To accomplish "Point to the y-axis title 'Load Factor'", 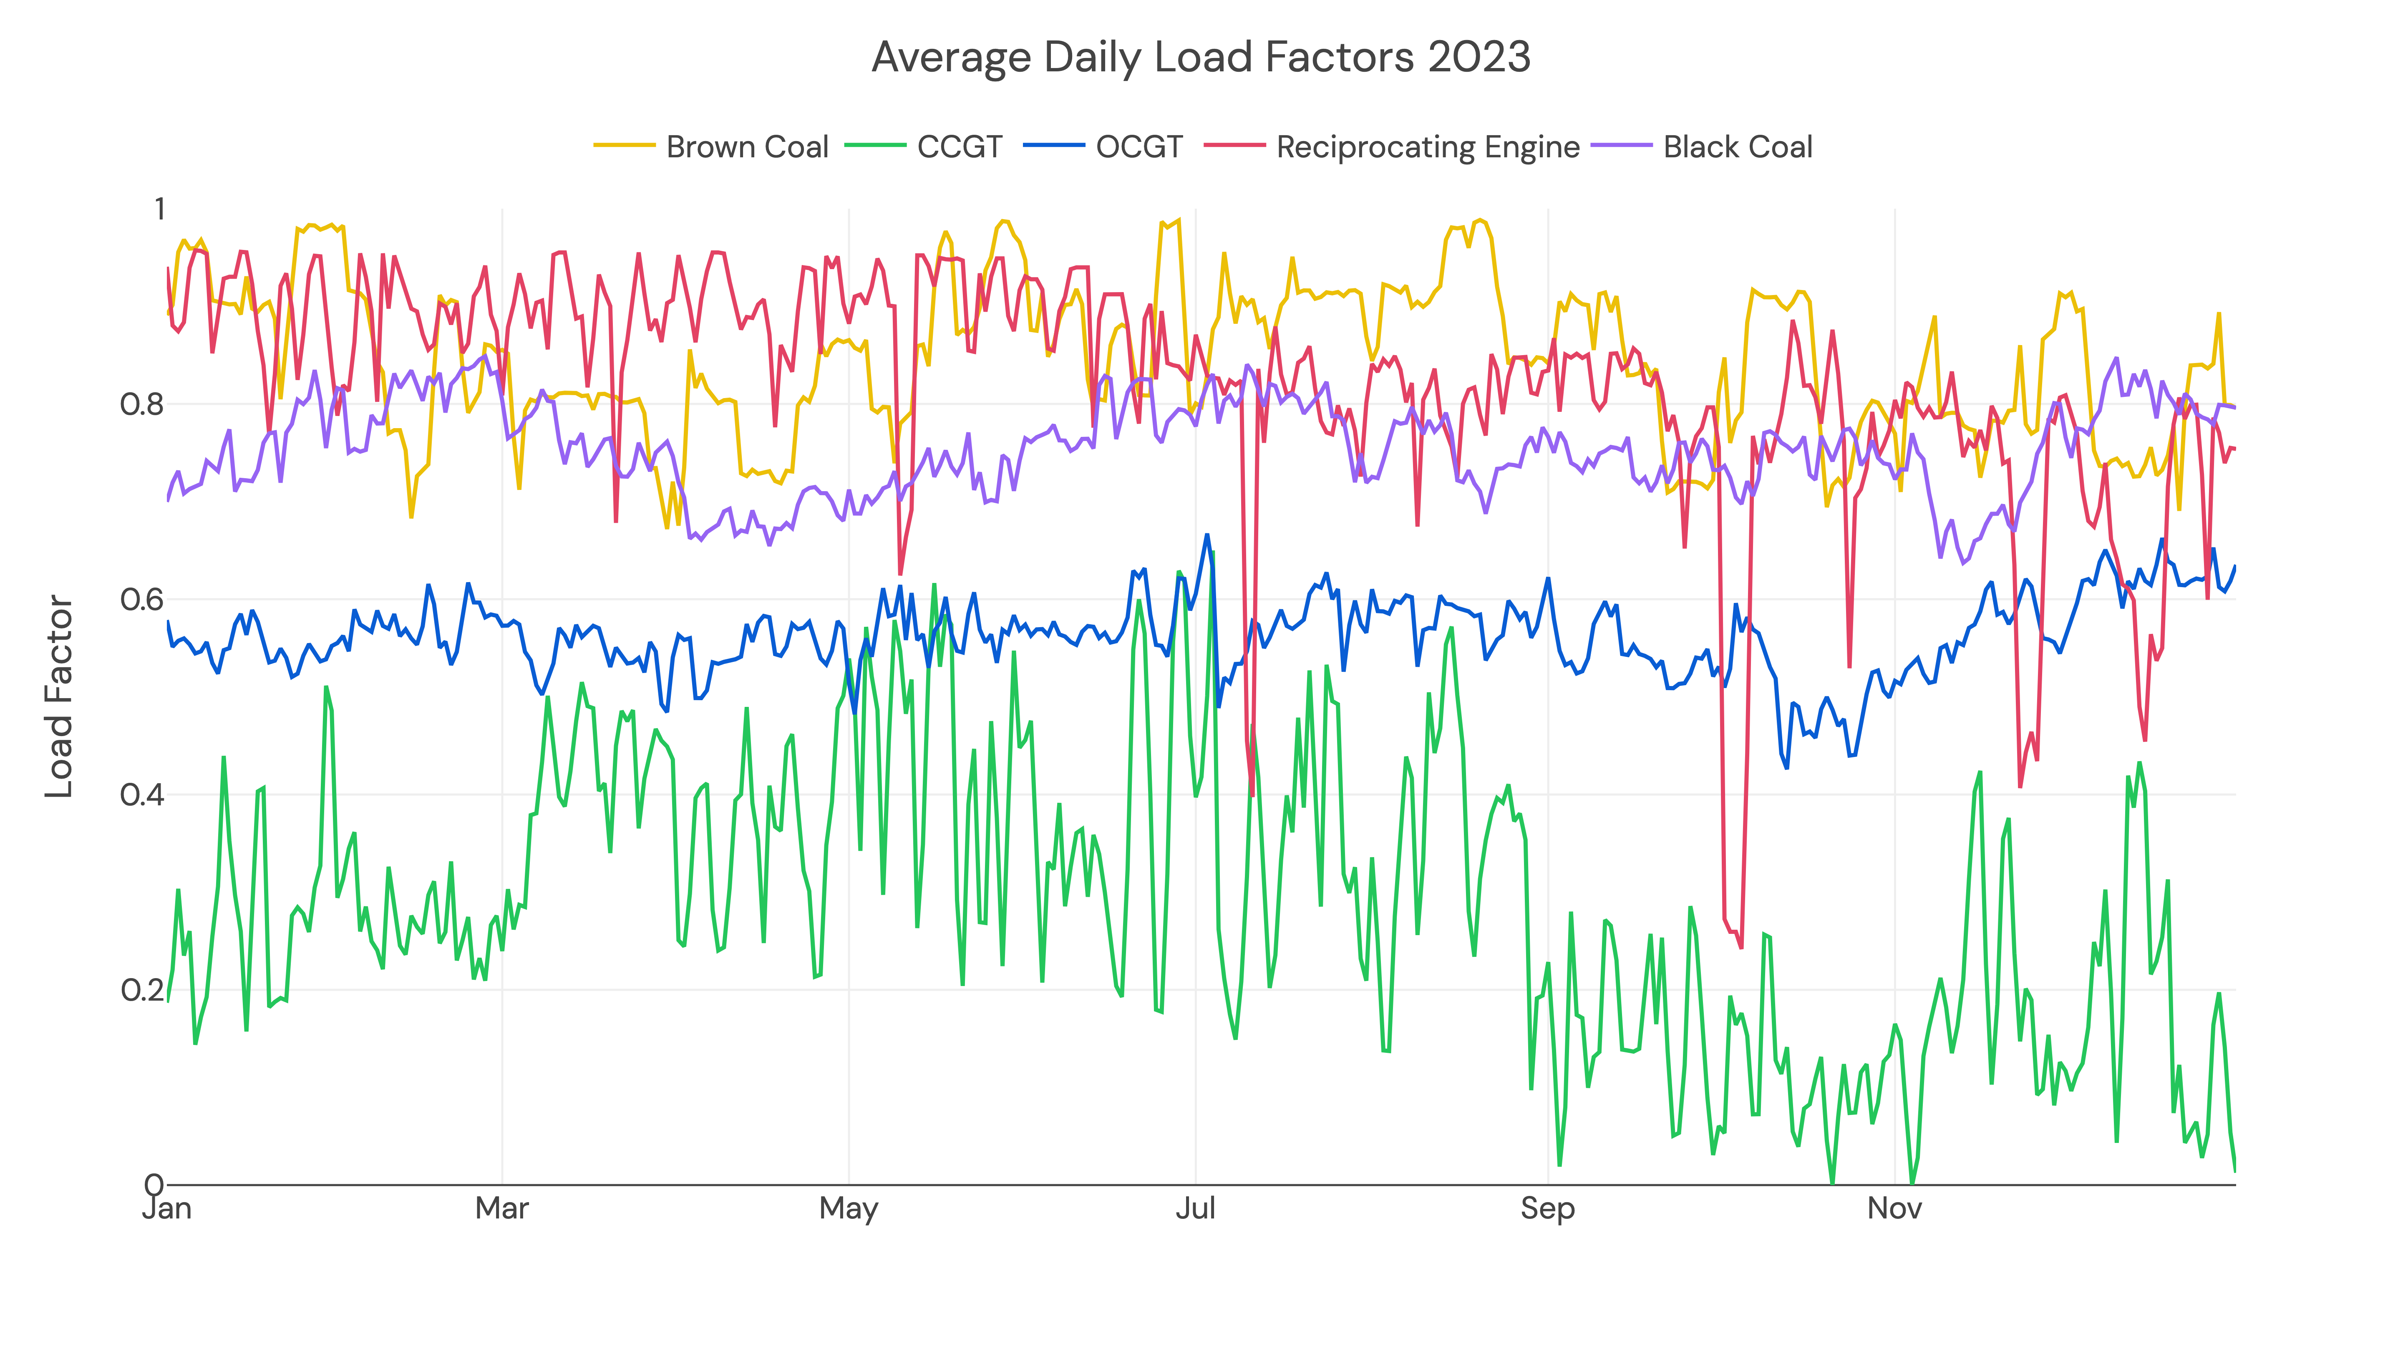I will pos(60,696).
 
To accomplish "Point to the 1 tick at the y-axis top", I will pos(159,209).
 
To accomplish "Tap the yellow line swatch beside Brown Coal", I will pos(624,146).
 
